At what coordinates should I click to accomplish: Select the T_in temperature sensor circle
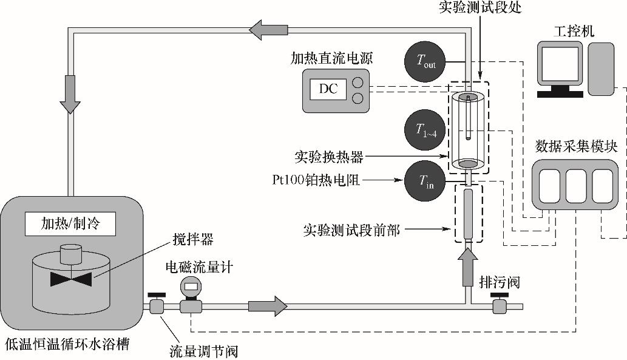[425, 181]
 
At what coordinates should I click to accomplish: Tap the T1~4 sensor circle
[425, 129]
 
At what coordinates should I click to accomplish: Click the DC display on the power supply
[328, 90]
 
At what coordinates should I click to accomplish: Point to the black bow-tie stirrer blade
[71, 279]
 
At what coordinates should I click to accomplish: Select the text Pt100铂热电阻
[317, 180]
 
